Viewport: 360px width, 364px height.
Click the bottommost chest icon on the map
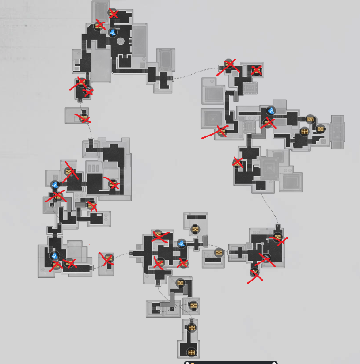pos(191,352)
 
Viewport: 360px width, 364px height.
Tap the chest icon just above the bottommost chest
pos(191,327)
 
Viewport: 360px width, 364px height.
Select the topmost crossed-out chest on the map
pos(113,13)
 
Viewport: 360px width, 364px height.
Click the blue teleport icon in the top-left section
pos(113,32)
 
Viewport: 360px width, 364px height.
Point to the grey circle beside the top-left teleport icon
pos(120,42)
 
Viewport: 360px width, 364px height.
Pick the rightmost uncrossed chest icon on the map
pos(320,129)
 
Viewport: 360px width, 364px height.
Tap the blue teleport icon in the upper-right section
pos(271,110)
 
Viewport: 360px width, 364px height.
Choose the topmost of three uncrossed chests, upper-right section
pos(310,119)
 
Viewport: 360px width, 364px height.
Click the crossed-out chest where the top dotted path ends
pos(228,65)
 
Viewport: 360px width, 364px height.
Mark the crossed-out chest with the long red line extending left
pos(222,131)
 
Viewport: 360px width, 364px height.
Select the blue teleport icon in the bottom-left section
pos(55,255)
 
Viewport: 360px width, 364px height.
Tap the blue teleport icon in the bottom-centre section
pos(182,243)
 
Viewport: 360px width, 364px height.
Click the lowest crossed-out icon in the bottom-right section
pos(255,273)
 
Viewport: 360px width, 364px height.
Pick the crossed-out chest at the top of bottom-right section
pos(277,238)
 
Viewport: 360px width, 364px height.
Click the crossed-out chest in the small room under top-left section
pos(83,118)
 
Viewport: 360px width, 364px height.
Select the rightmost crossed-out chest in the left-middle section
pos(113,184)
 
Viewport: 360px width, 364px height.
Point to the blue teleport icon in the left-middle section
pos(55,185)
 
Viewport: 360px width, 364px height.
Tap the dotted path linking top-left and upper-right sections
pos(194,72)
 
